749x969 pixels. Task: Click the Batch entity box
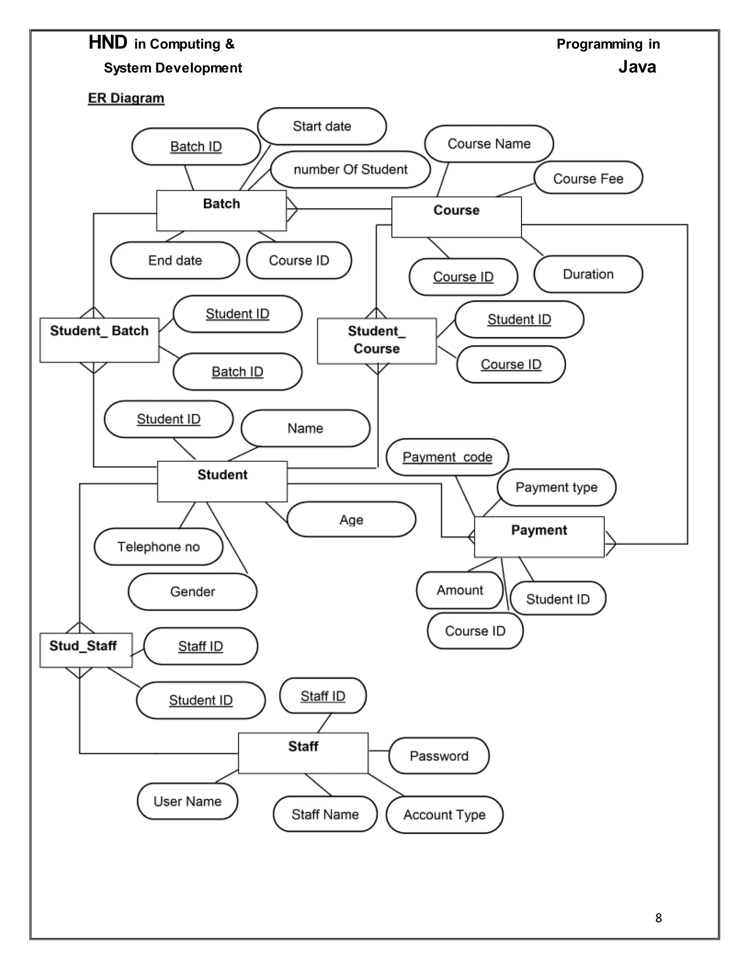(x=221, y=211)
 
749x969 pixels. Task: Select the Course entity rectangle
(x=456, y=217)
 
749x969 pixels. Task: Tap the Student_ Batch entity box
(x=99, y=340)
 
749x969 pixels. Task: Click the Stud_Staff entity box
(x=86, y=650)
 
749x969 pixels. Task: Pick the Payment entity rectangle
(x=539, y=536)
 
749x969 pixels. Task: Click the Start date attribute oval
(x=322, y=127)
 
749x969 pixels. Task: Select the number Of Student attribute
(x=350, y=170)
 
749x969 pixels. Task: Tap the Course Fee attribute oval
(x=588, y=178)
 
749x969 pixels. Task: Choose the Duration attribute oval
(x=588, y=274)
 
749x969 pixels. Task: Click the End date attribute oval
(x=175, y=260)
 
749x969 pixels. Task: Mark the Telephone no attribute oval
(x=158, y=547)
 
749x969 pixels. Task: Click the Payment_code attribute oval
(x=447, y=457)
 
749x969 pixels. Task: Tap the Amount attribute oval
(x=460, y=590)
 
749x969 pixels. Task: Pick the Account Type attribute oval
(x=444, y=815)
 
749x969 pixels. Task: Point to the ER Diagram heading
(x=126, y=98)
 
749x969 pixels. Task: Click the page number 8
(x=658, y=918)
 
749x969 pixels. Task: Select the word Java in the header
(x=637, y=67)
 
